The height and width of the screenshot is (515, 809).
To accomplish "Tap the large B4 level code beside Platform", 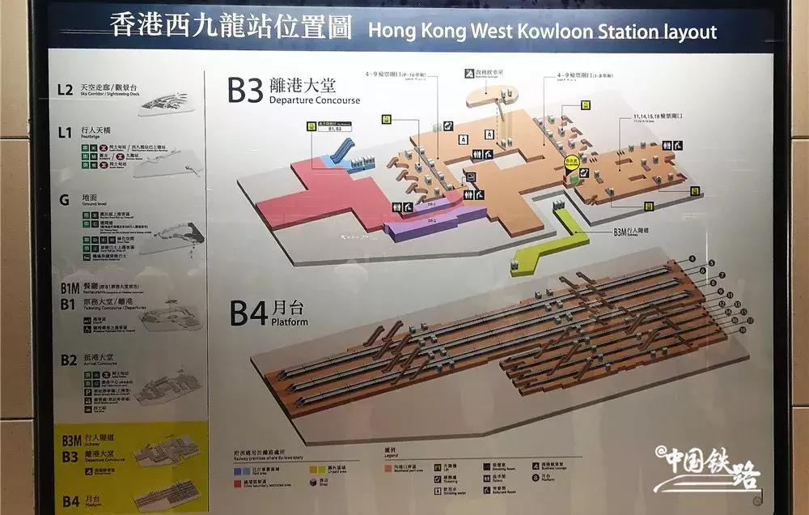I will click(248, 312).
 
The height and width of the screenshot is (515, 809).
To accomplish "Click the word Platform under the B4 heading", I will click(289, 321).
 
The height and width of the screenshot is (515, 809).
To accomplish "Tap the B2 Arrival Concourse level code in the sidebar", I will click(68, 358).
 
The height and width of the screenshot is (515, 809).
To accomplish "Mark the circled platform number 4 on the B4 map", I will click(692, 260).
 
